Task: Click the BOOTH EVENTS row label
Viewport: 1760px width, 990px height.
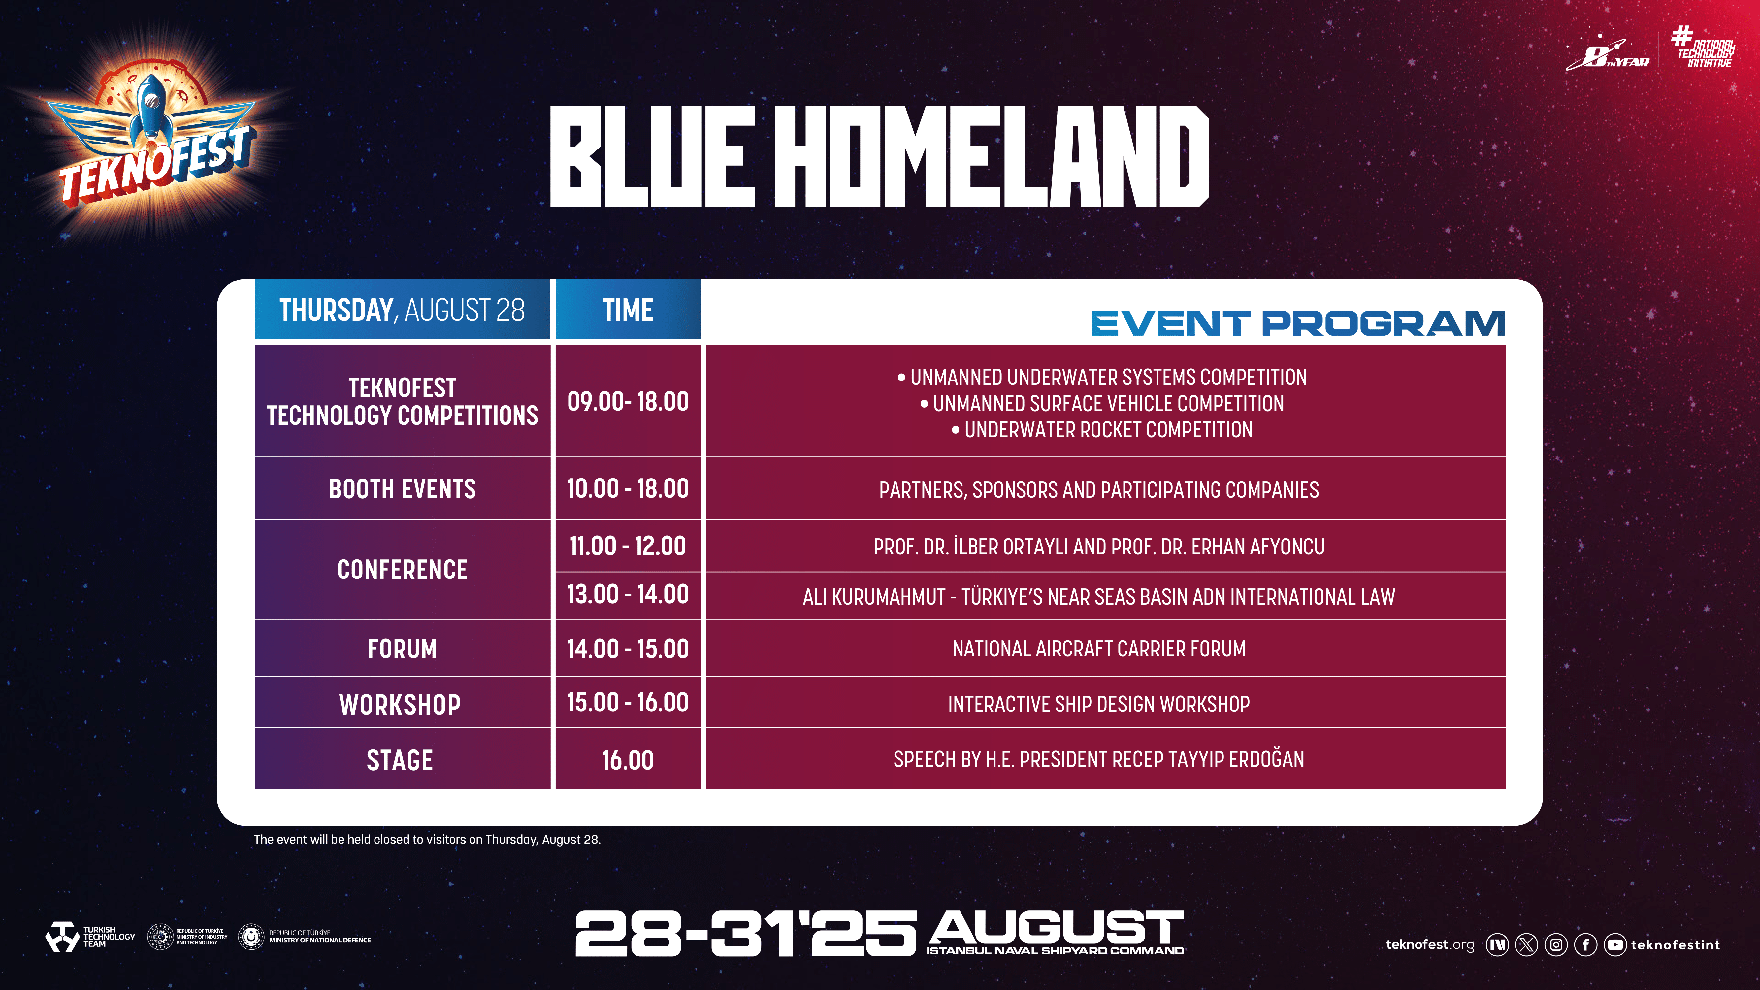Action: pos(403,489)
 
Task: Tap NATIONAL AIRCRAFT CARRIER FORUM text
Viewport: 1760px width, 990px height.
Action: pos(1099,648)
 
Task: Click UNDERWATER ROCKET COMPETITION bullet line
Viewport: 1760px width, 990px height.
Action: pos(1102,430)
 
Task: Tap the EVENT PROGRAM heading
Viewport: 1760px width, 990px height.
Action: pos(1298,323)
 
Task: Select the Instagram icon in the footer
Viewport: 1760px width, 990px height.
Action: pos(1556,945)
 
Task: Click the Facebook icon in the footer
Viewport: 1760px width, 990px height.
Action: pos(1585,945)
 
